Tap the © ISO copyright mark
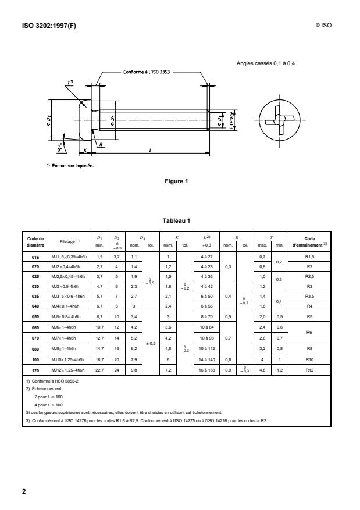tap(324, 26)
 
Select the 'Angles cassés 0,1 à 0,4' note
tap(269, 63)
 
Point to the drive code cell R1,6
tap(309, 256)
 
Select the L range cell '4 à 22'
tap(207, 256)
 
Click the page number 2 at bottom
tap(24, 492)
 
